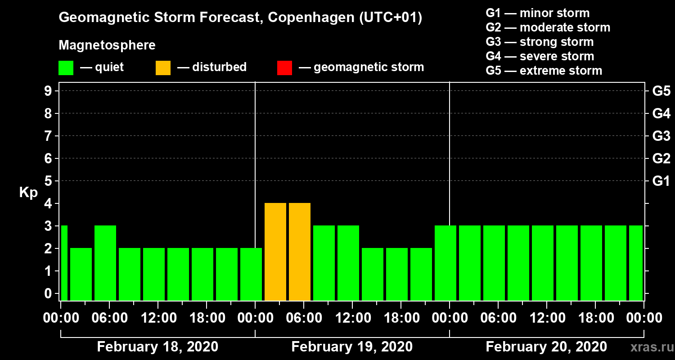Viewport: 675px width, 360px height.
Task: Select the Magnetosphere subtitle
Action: click(x=107, y=45)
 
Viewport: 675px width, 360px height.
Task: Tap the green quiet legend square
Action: click(x=66, y=67)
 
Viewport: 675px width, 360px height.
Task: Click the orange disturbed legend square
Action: click(x=163, y=67)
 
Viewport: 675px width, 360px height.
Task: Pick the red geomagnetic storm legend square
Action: click(x=284, y=67)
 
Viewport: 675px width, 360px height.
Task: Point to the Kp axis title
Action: click(x=28, y=193)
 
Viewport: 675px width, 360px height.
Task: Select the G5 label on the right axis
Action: click(x=661, y=91)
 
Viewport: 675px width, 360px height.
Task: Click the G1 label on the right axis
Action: click(x=661, y=181)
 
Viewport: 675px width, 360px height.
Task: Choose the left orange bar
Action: click(x=275, y=252)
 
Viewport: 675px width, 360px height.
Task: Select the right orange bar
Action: click(x=300, y=252)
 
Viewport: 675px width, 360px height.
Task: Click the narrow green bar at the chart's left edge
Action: click(x=64, y=263)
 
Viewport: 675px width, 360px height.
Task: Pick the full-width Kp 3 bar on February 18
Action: click(x=105, y=263)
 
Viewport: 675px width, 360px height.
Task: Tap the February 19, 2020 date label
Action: click(x=352, y=347)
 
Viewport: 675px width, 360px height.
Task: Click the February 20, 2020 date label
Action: click(x=546, y=347)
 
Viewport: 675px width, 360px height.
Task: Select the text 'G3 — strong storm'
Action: click(x=540, y=42)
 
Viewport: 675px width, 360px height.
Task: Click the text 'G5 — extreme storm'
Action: click(x=544, y=71)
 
